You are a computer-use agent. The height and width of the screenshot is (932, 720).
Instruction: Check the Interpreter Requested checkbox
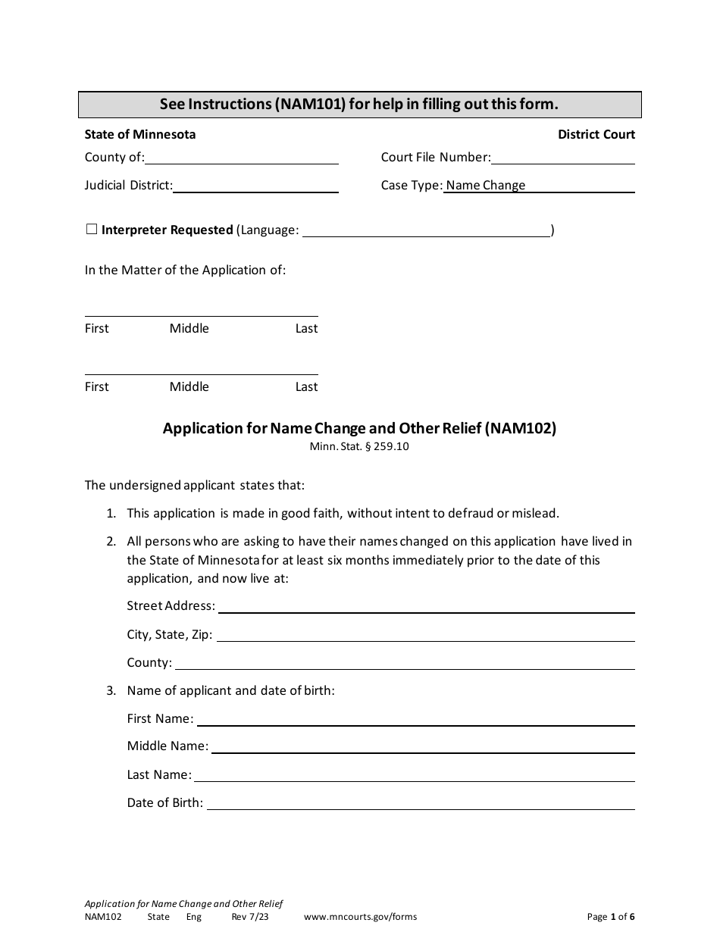coord(91,230)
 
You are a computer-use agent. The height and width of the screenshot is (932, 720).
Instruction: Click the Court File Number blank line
coord(562,158)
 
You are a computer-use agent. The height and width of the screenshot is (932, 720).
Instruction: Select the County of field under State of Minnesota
coord(241,158)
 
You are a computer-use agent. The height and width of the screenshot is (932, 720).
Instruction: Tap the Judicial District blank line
coord(255,186)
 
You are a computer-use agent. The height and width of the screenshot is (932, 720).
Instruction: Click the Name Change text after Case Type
coord(485,186)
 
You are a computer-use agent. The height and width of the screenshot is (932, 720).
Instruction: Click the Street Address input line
coord(426,606)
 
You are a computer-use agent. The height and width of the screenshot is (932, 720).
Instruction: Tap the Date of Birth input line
coord(421,803)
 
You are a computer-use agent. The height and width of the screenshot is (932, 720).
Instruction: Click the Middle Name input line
coord(423,746)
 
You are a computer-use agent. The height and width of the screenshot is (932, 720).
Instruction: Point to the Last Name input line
coord(414,775)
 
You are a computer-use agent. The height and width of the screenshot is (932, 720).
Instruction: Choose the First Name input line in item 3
coord(415,719)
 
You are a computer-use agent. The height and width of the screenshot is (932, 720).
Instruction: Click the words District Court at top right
coord(596,135)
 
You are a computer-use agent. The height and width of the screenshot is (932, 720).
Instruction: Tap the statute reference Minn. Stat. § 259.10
coord(359,446)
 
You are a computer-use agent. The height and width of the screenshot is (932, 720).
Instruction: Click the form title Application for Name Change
coord(359,428)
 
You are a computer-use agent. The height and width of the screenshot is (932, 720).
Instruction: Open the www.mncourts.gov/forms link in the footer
coord(360,917)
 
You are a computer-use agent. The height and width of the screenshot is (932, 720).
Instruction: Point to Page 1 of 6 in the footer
coord(611,917)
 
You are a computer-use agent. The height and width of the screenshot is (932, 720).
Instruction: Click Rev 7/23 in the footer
coord(249,917)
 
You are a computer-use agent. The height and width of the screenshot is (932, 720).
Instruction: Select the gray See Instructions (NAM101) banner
coord(359,105)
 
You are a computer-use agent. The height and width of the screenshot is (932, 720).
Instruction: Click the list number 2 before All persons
coord(111,542)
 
